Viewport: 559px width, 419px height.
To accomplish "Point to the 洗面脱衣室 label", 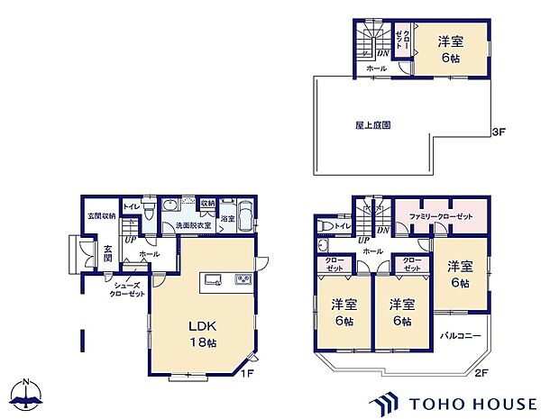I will click(193, 225).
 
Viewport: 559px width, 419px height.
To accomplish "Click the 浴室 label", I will click(228, 219).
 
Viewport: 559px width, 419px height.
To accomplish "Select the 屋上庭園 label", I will click(371, 126).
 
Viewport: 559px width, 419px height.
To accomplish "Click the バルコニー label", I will click(461, 335).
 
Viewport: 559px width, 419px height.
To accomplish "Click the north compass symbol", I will click(30, 395).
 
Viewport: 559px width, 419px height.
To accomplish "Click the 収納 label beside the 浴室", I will click(206, 204).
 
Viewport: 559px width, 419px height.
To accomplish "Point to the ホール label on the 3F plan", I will click(376, 68).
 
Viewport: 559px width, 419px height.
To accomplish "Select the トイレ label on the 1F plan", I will click(132, 206).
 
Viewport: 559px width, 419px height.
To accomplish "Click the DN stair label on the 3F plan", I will click(382, 52).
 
